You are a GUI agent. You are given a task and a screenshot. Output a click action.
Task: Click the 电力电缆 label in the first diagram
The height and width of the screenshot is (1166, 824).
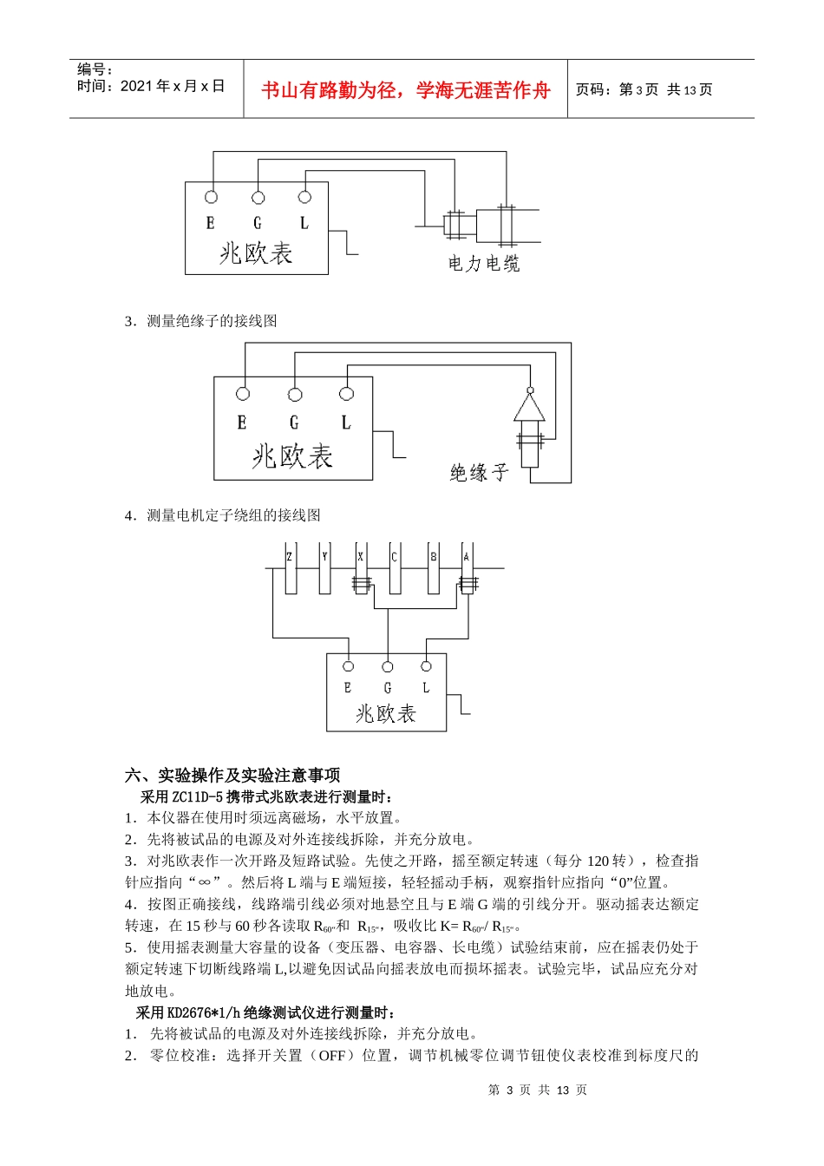click(x=483, y=264)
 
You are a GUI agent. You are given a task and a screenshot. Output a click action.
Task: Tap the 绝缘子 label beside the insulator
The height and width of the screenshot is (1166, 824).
click(x=479, y=473)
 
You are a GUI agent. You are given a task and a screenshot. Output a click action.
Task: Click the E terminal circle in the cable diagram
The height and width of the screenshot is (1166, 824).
click(x=211, y=198)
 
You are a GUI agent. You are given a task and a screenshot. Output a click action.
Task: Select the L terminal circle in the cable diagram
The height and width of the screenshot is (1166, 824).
click(x=304, y=198)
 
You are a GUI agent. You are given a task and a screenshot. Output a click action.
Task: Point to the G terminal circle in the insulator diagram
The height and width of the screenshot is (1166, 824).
click(x=295, y=395)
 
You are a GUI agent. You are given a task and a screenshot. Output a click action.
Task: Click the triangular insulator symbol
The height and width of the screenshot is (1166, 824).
click(x=530, y=407)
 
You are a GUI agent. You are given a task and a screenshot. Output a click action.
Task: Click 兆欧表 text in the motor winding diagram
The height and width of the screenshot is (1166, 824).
click(x=386, y=714)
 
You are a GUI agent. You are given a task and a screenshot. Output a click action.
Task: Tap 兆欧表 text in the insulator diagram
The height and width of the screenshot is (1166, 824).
click(x=292, y=456)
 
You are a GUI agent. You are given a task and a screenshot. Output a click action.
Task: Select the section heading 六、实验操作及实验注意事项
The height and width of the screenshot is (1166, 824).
click(x=232, y=775)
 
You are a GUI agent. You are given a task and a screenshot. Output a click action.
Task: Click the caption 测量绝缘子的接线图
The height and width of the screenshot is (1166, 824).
click(x=212, y=321)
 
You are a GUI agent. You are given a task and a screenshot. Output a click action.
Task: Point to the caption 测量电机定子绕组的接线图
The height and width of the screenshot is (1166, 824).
click(x=233, y=515)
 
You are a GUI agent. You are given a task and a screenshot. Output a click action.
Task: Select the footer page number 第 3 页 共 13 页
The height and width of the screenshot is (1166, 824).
click(x=538, y=1090)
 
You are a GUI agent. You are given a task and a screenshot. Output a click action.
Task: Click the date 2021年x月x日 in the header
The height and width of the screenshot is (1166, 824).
click(x=173, y=86)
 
